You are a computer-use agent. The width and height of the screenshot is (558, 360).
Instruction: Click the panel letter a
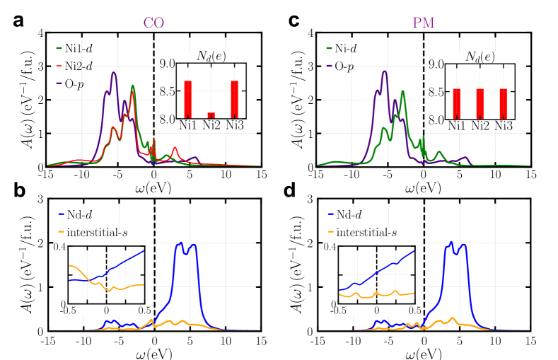tap(20, 21)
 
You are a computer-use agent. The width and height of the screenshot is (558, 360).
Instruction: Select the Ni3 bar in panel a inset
tap(234, 100)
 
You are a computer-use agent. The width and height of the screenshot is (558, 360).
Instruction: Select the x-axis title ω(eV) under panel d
tap(424, 350)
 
